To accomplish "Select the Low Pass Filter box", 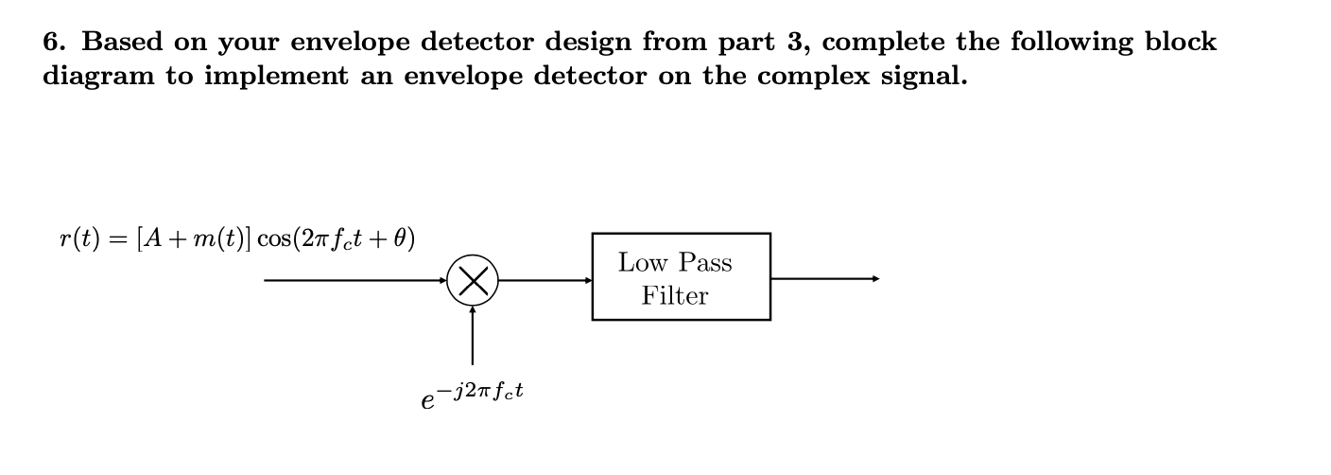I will [681, 277].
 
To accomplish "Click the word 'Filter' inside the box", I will [675, 296].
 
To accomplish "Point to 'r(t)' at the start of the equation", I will [78, 237].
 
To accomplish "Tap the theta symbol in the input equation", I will [400, 237].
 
